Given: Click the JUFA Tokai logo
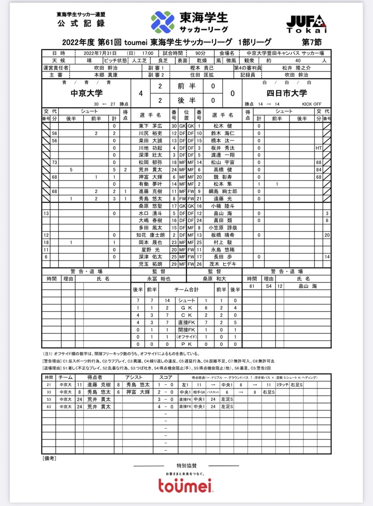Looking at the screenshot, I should (x=307, y=24).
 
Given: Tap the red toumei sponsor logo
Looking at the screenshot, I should (x=185, y=485).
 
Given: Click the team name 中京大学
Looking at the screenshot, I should (x=86, y=93).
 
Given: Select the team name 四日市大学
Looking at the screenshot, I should (x=287, y=93).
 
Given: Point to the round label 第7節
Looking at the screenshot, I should (x=312, y=42).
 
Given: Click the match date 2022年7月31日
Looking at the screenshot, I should (x=100, y=53).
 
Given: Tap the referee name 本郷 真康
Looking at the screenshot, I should (x=106, y=75).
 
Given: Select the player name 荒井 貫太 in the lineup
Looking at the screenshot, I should (x=150, y=170).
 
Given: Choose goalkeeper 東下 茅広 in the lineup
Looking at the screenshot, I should (x=150, y=126).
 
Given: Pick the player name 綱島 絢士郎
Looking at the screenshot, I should (x=223, y=192).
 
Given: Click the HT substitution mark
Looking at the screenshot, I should (x=319, y=148).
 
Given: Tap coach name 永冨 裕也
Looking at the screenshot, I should (x=159, y=279).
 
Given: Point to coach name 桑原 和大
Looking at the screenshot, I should (x=214, y=279).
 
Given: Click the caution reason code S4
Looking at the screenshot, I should (x=269, y=286).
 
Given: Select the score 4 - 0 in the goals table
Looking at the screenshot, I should (x=165, y=406).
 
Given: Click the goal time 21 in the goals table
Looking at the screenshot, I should (x=49, y=385).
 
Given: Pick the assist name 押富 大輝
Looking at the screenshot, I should (x=138, y=392).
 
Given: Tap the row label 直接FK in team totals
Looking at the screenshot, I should (x=186, y=322).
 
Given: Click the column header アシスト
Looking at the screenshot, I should (x=134, y=377).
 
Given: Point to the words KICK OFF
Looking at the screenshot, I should (x=312, y=104).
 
